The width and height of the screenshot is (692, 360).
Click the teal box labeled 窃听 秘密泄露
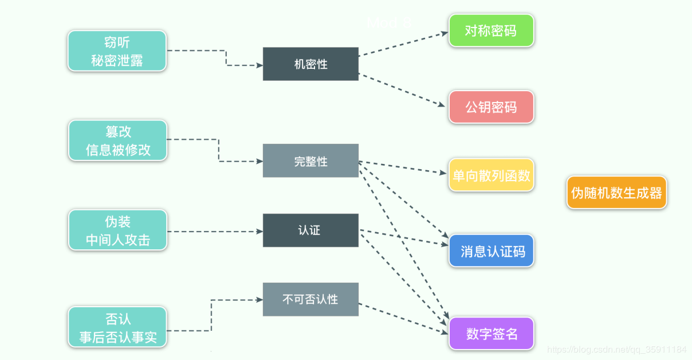coord(117,51)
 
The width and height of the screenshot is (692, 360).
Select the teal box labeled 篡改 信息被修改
coord(117,140)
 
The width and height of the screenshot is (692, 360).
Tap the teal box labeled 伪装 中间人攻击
coord(117,230)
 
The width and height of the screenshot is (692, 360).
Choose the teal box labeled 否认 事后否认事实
coord(117,327)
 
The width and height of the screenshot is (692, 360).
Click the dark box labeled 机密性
coord(310,64)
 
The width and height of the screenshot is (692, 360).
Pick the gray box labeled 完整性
coord(310,161)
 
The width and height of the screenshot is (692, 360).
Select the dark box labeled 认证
coord(310,230)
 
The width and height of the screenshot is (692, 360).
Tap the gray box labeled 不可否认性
coord(310,299)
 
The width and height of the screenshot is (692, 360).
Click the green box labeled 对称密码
coord(491,31)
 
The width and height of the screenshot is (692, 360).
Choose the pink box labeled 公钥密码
coord(491,107)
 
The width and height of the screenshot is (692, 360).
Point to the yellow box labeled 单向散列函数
coord(491,175)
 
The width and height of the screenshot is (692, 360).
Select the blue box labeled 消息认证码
coord(491,251)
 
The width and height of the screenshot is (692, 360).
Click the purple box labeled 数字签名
coord(491,334)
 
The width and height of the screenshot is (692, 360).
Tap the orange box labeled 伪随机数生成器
coord(616,193)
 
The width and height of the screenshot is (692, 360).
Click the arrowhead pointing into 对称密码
coord(445,33)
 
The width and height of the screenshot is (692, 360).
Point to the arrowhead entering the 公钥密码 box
coord(442,105)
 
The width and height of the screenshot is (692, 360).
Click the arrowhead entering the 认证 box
coord(259,232)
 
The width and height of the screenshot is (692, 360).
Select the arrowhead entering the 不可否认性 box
coord(259,299)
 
